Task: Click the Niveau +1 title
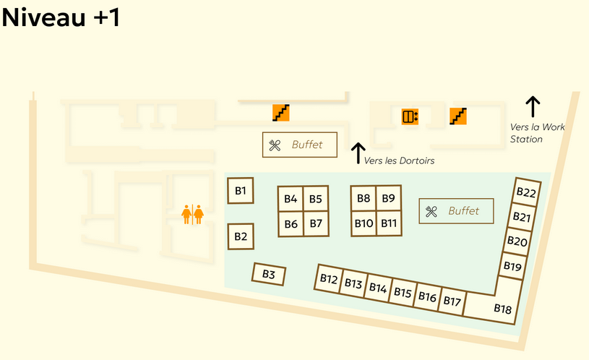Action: pyautogui.click(x=61, y=17)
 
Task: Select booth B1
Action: pyautogui.click(x=241, y=191)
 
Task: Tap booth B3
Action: pyautogui.click(x=269, y=274)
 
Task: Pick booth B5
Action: pyautogui.click(x=316, y=199)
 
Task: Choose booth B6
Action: pyautogui.click(x=291, y=224)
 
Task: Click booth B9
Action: pyautogui.click(x=388, y=198)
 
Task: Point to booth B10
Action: pyautogui.click(x=364, y=223)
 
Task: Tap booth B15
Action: pyautogui.click(x=403, y=293)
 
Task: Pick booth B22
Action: pyautogui.click(x=526, y=192)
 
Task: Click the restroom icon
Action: pyautogui.click(x=192, y=214)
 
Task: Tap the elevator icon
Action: pyautogui.click(x=410, y=116)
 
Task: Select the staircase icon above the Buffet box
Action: pyautogui.click(x=280, y=112)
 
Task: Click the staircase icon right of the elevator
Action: pyautogui.click(x=457, y=115)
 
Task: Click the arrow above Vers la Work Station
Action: pyautogui.click(x=533, y=106)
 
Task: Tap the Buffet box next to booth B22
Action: pyautogui.click(x=456, y=211)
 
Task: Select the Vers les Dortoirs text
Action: pyautogui.click(x=400, y=161)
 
